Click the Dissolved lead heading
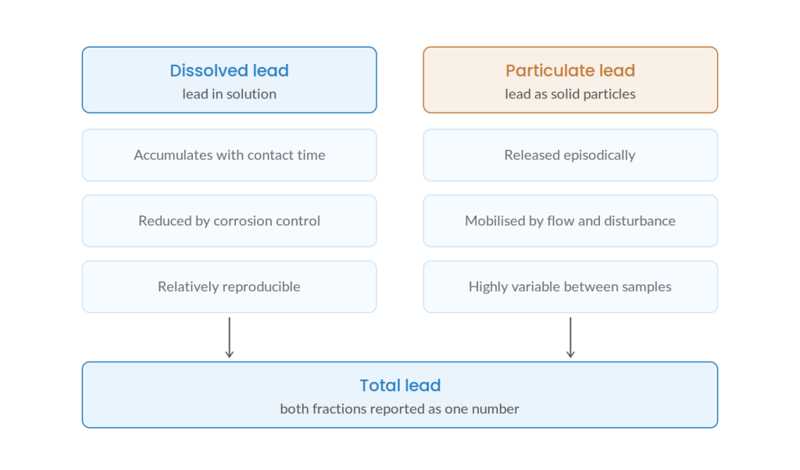tap(229, 70)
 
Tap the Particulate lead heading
tap(570, 70)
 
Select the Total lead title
tap(400, 386)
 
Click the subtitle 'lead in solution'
tap(229, 94)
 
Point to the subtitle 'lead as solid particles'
tap(570, 94)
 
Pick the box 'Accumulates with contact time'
tap(229, 155)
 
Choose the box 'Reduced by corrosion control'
tap(229, 221)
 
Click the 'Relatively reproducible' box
tap(229, 287)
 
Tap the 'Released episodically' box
tap(570, 155)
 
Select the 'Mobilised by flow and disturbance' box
tap(570, 221)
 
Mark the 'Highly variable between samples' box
tap(570, 287)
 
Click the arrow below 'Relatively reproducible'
tap(229, 337)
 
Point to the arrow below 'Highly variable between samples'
tap(570, 337)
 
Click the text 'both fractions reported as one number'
tap(399, 409)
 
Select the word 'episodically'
tap(599, 155)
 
